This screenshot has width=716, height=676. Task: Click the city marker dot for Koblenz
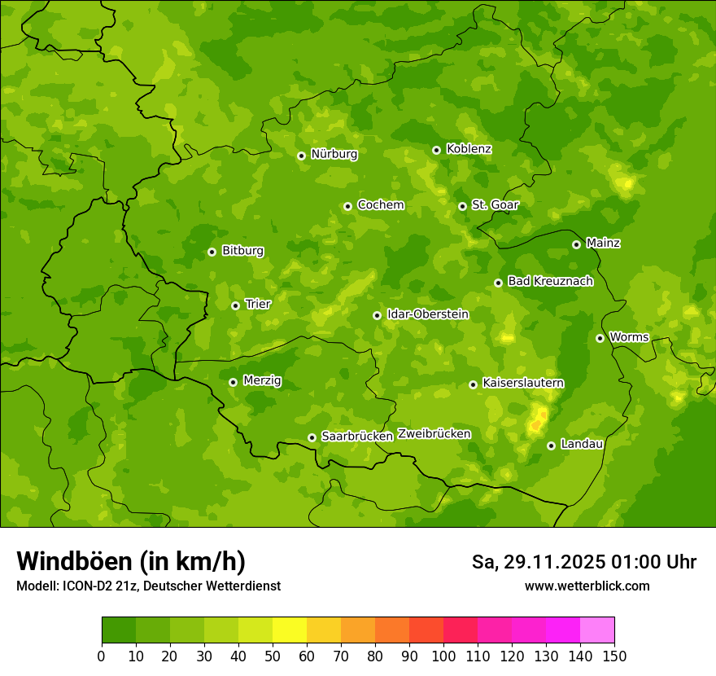point(436,150)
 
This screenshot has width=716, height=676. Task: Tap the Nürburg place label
point(334,154)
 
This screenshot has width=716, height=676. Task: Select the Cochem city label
point(380,205)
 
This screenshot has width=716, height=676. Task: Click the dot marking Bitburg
point(212,252)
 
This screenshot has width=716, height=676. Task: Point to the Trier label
point(258,304)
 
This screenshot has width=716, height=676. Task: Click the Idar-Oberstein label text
point(427,314)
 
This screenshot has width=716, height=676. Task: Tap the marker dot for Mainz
point(576,244)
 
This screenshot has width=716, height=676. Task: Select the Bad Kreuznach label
point(550,281)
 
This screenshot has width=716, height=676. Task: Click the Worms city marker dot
point(600,338)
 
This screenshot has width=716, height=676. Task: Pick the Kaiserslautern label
point(523,383)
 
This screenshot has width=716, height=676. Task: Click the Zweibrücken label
point(434,434)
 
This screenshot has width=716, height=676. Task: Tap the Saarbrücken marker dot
point(312,437)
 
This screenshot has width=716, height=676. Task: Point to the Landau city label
point(582,444)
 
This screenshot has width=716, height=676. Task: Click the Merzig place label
point(262,380)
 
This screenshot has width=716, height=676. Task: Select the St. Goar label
point(495,204)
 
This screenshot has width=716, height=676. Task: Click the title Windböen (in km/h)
point(130,561)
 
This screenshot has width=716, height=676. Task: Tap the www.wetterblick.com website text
point(587,586)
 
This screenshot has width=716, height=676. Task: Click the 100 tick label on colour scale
point(443,656)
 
